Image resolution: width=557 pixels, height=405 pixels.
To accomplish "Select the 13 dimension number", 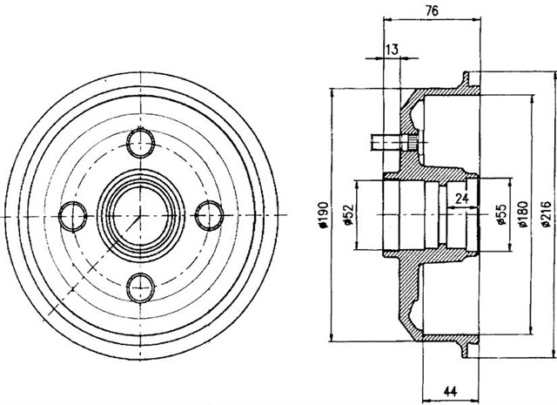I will [x=392, y=51].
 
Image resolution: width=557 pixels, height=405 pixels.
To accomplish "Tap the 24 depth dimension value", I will [x=462, y=198].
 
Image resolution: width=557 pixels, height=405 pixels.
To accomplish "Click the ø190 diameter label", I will [x=323, y=214].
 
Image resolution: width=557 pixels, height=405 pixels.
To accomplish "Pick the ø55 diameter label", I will [x=501, y=214].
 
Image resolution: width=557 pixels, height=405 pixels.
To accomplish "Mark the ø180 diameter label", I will [x=522, y=214].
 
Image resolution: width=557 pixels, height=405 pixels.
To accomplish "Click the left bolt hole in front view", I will [x=73, y=213].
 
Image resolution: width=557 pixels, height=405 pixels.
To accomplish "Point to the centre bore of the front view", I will [x=141, y=213].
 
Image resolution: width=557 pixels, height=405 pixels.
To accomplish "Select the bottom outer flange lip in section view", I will [x=470, y=347].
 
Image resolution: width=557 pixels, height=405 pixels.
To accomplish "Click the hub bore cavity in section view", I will [x=413, y=213].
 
